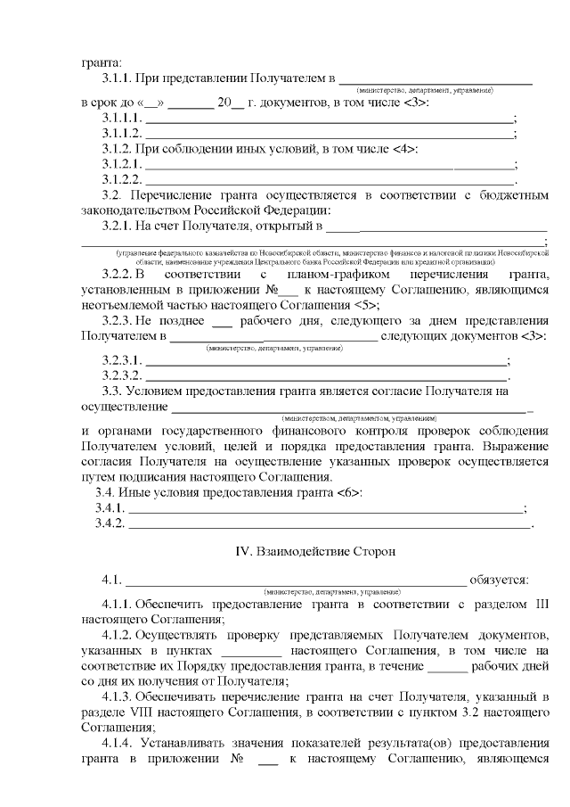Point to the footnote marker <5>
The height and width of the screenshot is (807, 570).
point(388,304)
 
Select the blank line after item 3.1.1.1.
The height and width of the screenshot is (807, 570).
point(330,119)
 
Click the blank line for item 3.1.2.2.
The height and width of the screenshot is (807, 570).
point(330,179)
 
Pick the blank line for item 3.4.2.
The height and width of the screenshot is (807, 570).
point(330,523)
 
